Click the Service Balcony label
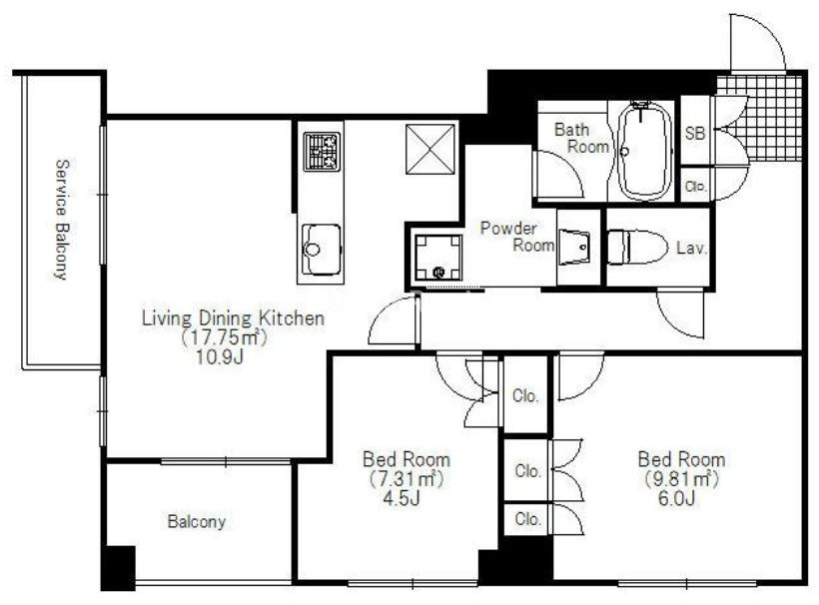pos(62,220)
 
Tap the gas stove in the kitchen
pos(322,152)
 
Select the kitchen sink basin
pos(322,250)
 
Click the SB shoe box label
pos(695,133)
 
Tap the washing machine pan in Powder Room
pos(438,257)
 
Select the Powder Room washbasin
pos(574,247)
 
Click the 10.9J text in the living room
pos(220,357)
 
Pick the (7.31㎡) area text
pos(407,478)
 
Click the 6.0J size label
pos(676,498)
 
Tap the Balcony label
pos(197,521)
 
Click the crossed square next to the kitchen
pos(429,150)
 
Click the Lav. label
pos(691,248)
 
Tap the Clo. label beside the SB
pos(695,186)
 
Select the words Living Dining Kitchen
pos(233,317)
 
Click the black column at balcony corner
pos(118,568)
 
